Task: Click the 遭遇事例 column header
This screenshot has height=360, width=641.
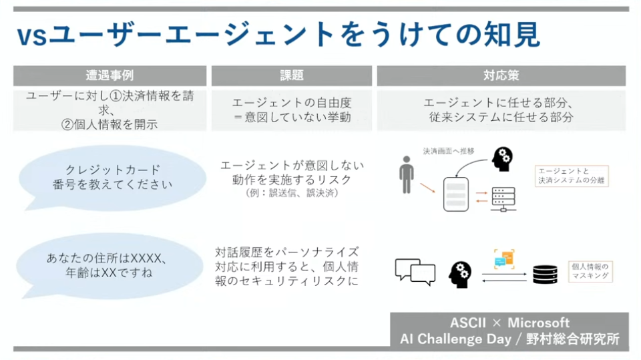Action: click(x=110, y=75)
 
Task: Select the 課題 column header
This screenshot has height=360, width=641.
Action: click(x=292, y=75)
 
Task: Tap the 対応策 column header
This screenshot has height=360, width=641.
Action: click(x=501, y=75)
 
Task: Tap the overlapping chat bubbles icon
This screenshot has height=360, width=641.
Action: click(x=415, y=270)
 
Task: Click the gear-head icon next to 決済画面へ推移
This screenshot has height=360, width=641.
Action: click(x=503, y=159)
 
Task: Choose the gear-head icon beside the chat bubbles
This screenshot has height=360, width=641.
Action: click(x=460, y=273)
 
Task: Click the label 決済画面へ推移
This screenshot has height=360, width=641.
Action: click(x=448, y=151)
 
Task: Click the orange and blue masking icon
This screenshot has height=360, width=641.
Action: click(x=504, y=258)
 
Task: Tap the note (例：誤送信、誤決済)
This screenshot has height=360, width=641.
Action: click(x=292, y=193)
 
